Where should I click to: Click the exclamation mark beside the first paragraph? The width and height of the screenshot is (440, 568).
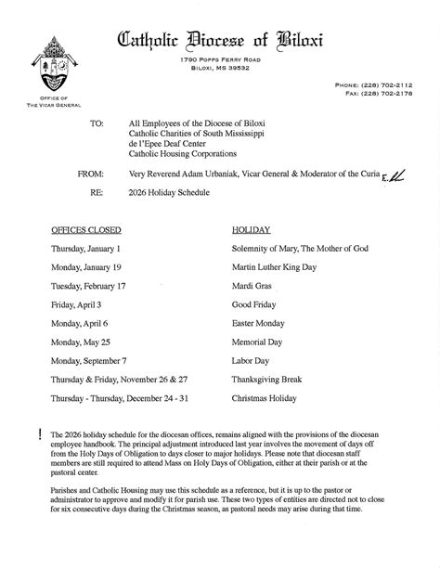(42, 434)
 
